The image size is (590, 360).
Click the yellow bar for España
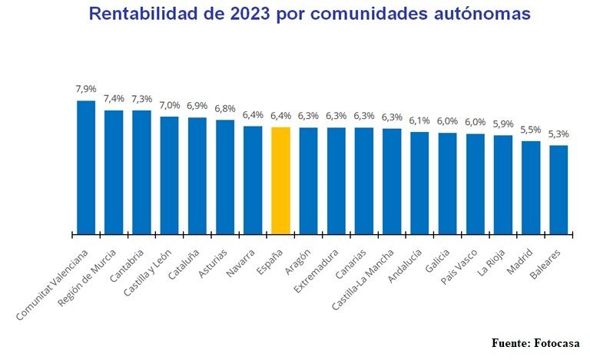coord(280,180)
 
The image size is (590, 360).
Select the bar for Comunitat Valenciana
coord(86,167)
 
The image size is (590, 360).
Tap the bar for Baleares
coord(559,190)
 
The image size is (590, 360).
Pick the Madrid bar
coord(531,187)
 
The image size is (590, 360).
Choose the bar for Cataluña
coord(197,176)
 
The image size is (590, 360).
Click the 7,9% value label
coord(86,90)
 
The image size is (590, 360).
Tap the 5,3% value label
coord(559,134)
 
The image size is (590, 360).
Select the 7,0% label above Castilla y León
coord(170,105)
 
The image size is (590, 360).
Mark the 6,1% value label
coord(419,121)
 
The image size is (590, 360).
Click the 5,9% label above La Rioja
coord(503,124)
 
